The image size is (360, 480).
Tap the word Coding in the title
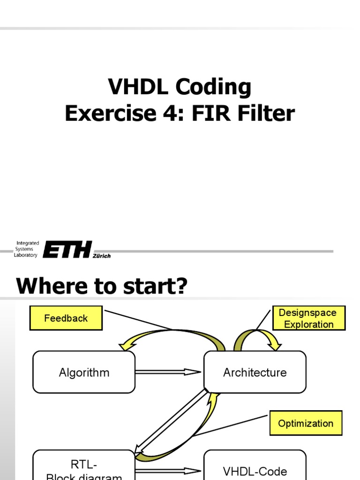point(214,87)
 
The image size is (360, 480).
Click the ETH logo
point(67,249)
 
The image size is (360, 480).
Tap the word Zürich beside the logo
point(102,256)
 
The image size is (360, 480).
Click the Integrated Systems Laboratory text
point(26,249)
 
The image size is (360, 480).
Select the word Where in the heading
point(47,286)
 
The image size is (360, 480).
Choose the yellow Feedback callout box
point(66,318)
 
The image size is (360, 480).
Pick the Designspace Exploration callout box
point(309,318)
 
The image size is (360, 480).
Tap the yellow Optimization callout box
point(306,423)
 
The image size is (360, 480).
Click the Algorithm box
point(84,373)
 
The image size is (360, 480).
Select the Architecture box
point(255,373)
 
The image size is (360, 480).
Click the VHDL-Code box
point(255,469)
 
